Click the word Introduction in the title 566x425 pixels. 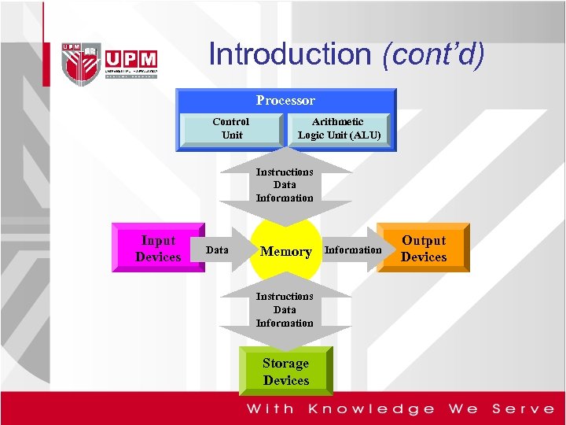(290, 54)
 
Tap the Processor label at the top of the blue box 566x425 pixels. (285, 100)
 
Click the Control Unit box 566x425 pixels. (231, 128)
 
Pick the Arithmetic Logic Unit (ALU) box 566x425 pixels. (339, 128)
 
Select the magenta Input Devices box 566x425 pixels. (158, 248)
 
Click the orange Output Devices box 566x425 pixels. (423, 248)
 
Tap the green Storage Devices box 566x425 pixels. (286, 371)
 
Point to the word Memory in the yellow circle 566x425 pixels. (285, 251)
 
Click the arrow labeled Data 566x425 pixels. (217, 250)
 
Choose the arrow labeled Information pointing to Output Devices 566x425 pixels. (353, 250)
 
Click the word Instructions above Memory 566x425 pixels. (285, 172)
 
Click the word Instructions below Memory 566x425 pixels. (285, 296)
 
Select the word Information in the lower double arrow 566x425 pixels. (285, 323)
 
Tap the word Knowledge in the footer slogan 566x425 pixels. (371, 408)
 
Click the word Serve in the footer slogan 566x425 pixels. (523, 408)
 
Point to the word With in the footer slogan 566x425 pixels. (270, 408)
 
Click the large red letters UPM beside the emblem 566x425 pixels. (130, 60)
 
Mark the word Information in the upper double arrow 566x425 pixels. (285, 198)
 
